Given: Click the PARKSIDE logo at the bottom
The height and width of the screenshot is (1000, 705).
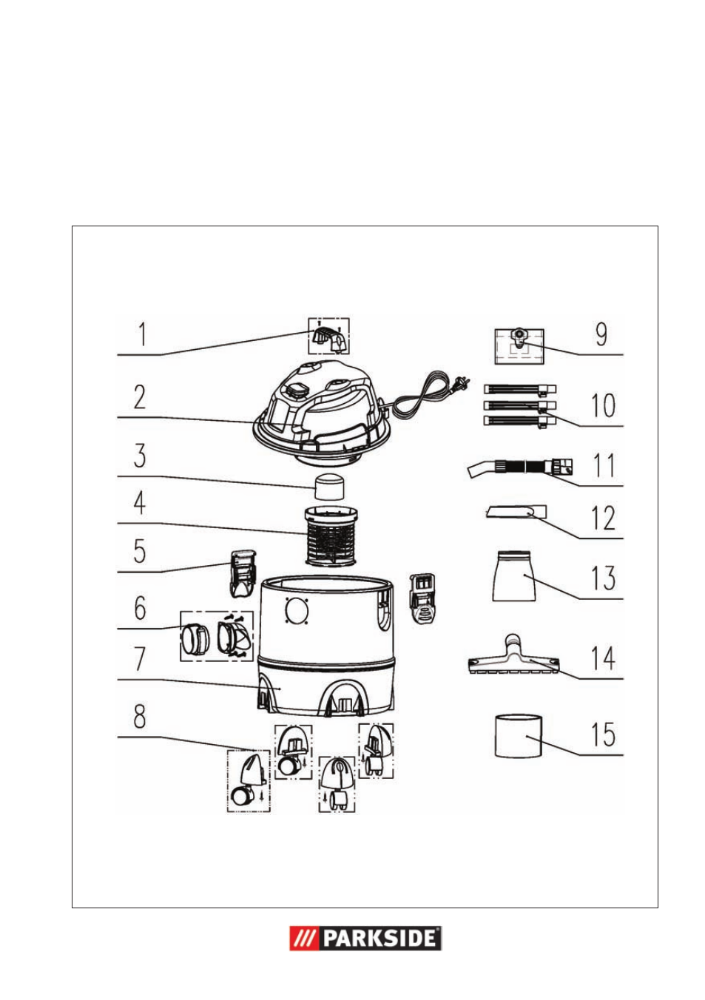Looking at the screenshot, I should click(x=365, y=938).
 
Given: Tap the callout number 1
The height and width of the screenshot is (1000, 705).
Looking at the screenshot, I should click(x=141, y=334).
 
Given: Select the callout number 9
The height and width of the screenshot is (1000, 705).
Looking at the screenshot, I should click(x=601, y=334).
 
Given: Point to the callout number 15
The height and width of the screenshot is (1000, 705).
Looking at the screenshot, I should click(x=603, y=734).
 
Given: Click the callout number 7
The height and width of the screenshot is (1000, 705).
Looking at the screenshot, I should click(x=140, y=658).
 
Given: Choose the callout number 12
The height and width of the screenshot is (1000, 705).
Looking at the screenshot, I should click(x=603, y=518).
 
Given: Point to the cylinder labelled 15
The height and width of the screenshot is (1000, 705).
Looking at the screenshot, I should click(x=519, y=735).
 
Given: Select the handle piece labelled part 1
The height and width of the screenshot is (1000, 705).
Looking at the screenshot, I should click(x=328, y=338).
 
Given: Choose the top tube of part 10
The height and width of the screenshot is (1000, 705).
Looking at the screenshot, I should click(x=519, y=389).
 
